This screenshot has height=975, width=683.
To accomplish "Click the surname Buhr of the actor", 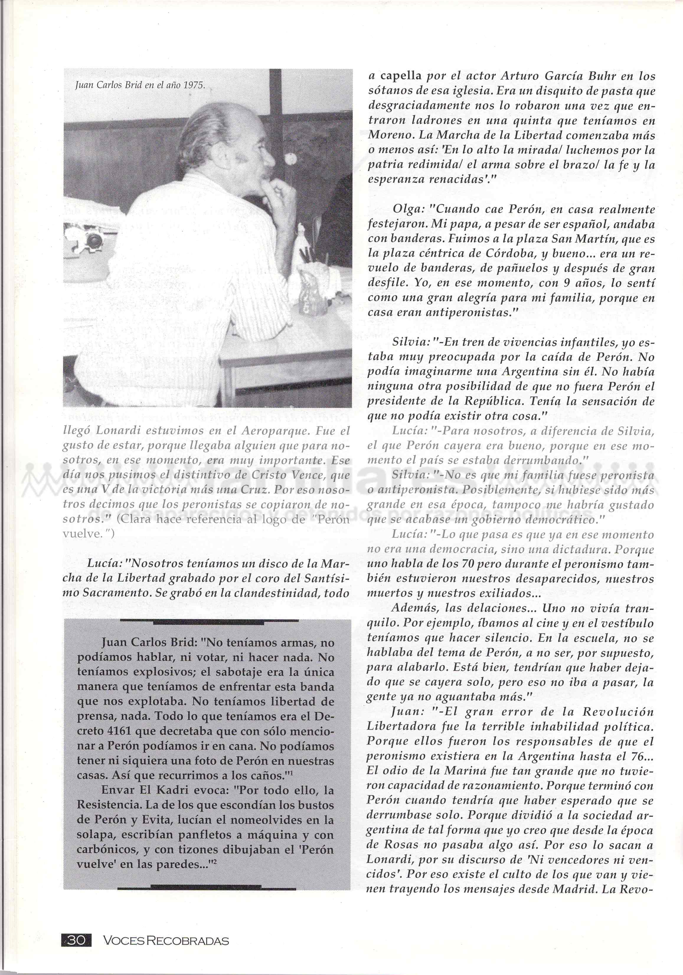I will (x=587, y=76).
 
